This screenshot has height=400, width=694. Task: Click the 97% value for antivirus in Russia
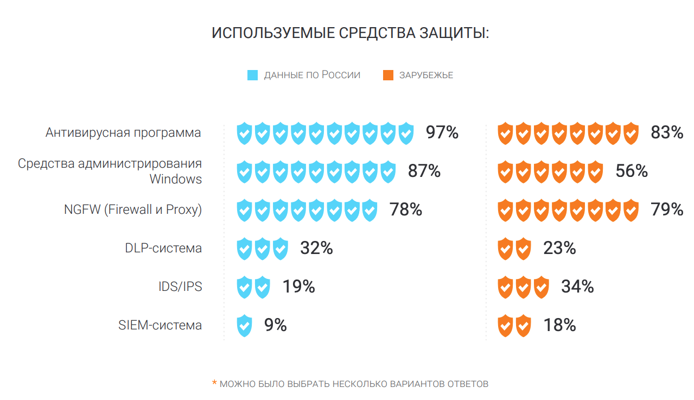pos(442,132)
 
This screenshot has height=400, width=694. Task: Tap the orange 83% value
pos(667,132)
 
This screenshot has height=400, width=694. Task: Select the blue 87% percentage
pos(424,171)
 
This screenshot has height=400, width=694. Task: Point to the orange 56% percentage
pos(632,171)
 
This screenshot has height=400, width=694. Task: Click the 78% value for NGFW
pos(406,209)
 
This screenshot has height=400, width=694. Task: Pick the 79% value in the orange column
pos(667,209)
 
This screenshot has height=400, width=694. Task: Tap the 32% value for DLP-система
pos(316,248)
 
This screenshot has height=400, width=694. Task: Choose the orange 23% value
pos(559,248)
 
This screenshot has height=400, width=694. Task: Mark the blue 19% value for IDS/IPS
pos(298,287)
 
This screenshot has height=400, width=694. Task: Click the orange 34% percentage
pos(577,287)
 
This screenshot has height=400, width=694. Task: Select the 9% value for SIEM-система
pos(275,325)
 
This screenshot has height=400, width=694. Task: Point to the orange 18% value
pos(559,325)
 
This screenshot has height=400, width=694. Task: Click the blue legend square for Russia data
pos(252,75)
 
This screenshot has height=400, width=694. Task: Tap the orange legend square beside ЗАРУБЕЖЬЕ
pos(388,75)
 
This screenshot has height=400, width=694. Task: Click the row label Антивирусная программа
pos(123,132)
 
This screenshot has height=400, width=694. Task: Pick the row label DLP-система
pos(163,248)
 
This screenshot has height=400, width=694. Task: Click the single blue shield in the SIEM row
pos(245,326)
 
